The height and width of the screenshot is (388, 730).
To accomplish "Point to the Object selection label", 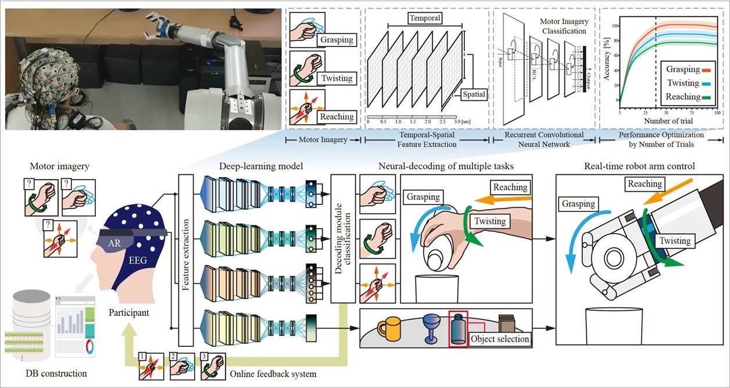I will click(x=500, y=339).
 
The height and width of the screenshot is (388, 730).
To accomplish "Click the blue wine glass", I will click(x=431, y=327).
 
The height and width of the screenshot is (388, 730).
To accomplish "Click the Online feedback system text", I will click(x=273, y=373).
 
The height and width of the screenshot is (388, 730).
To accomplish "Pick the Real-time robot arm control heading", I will click(x=639, y=167).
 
